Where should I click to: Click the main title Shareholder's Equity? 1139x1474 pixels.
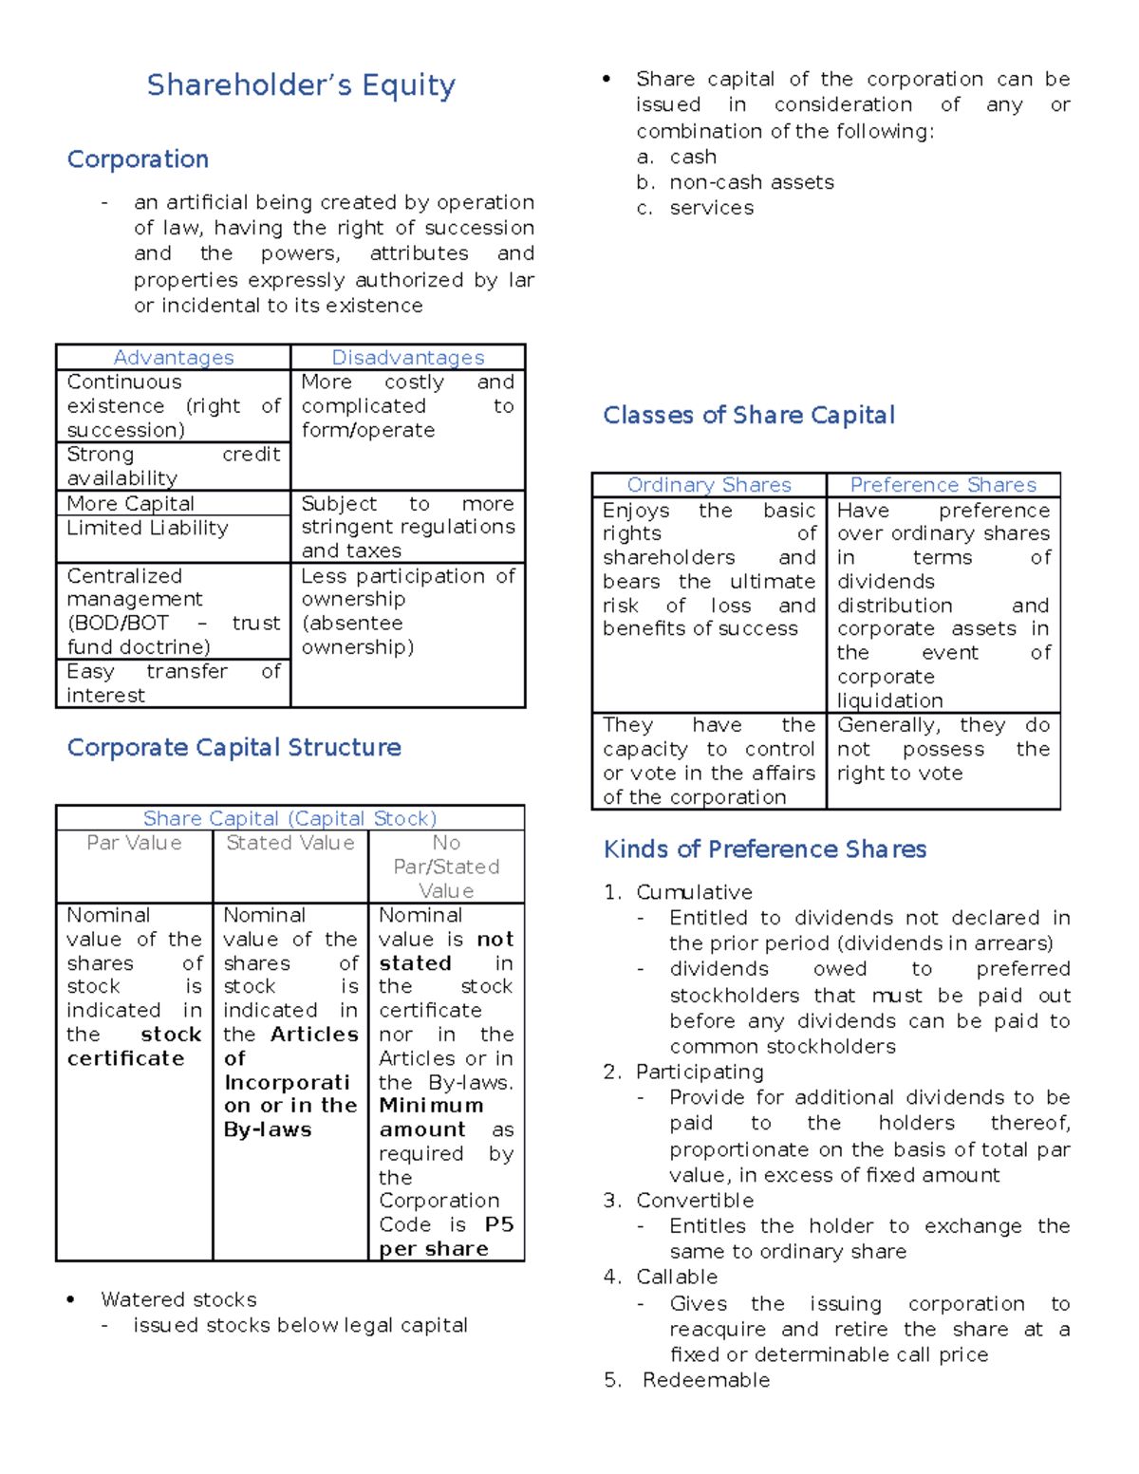[301, 85]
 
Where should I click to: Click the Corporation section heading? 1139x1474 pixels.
[138, 159]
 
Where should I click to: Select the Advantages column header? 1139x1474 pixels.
[173, 358]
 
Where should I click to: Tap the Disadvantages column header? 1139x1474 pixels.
[407, 358]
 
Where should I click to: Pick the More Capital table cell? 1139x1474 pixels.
[130, 503]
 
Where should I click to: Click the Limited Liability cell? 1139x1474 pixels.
[147, 528]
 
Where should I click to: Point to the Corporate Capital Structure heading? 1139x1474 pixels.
[233, 748]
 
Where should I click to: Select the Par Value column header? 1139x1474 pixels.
[134, 843]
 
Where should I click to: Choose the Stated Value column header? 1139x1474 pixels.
[290, 843]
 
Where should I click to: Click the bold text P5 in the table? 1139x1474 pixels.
[498, 1224]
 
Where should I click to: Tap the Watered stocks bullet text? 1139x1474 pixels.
[178, 1299]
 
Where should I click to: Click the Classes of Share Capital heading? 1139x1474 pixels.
[749, 416]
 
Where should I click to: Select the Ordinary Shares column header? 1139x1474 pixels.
[709, 485]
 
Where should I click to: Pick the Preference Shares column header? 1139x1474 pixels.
[943, 485]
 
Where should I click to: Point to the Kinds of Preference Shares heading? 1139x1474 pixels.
[765, 849]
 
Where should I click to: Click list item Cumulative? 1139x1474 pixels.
[694, 892]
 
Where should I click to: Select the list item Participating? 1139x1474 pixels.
[700, 1072]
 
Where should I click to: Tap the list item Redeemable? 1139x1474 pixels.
[706, 1380]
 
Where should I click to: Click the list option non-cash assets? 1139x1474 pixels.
[752, 182]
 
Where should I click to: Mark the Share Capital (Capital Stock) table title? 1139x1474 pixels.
[289, 818]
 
